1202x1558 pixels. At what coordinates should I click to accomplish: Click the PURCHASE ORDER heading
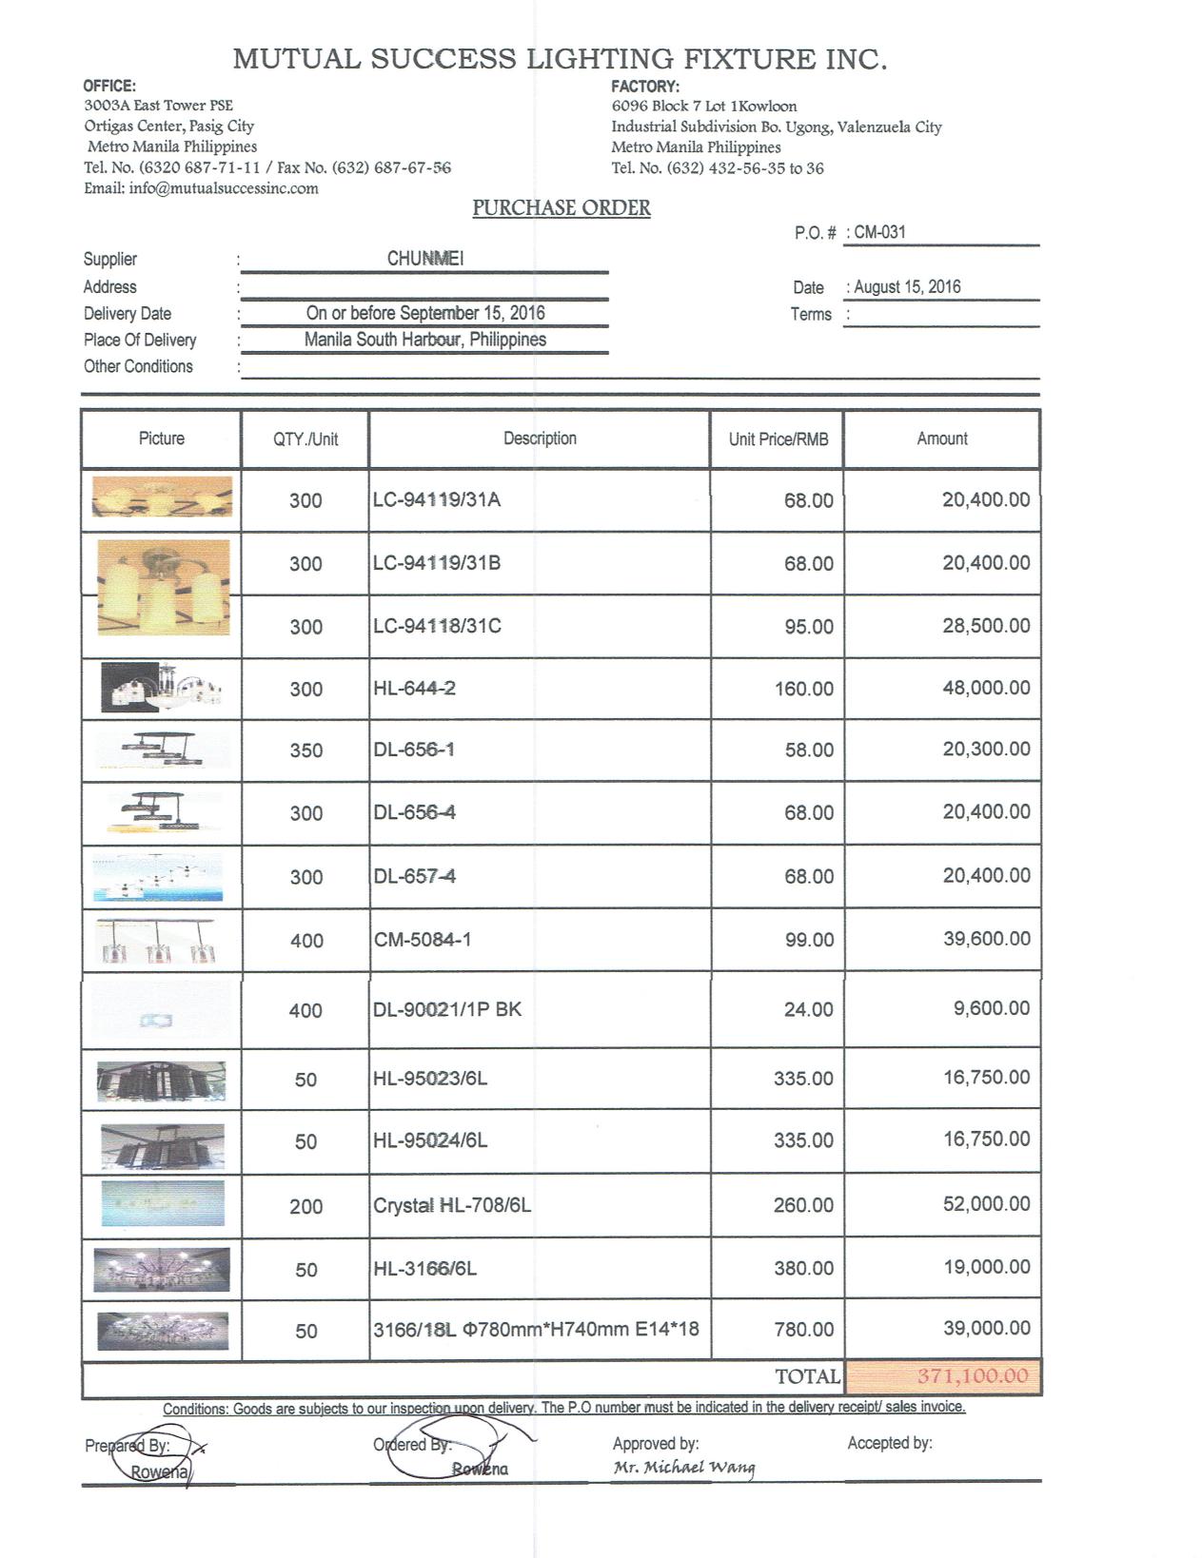(562, 208)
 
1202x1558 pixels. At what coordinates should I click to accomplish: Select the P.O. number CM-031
(879, 232)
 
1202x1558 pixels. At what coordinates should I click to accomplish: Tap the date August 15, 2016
(907, 287)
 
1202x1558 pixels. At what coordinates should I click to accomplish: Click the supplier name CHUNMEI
(425, 259)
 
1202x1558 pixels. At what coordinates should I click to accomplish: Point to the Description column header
(540, 438)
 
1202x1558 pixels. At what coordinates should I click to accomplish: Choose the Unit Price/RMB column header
(778, 439)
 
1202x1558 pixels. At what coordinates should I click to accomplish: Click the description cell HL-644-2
(415, 688)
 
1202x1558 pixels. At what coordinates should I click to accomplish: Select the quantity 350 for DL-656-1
(305, 750)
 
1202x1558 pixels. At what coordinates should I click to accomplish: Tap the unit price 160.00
(803, 689)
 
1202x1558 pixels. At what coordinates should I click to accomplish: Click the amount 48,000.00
(986, 688)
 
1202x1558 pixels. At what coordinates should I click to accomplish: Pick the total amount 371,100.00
(973, 1376)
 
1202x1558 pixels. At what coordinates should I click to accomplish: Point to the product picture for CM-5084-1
(161, 941)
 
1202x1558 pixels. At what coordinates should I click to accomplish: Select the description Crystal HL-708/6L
(452, 1206)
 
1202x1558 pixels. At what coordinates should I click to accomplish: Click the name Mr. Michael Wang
(684, 1468)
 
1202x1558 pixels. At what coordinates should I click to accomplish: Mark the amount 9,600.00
(992, 1009)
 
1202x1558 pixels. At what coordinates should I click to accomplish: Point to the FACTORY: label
(645, 86)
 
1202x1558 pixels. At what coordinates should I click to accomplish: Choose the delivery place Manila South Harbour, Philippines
(425, 340)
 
